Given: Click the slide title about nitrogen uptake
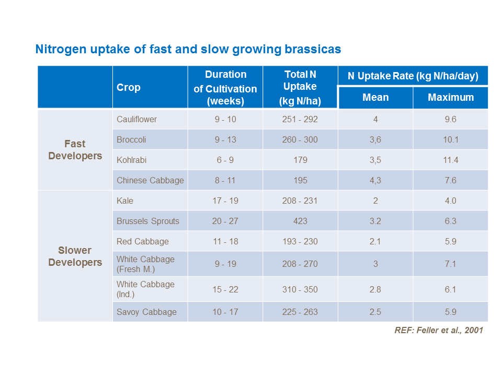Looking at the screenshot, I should (x=188, y=50).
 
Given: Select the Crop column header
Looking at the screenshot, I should (x=129, y=88).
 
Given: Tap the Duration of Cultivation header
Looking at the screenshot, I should (x=225, y=88).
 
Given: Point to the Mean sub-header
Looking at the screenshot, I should (x=375, y=98).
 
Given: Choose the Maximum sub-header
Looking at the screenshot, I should (x=450, y=98).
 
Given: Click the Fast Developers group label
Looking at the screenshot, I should (x=75, y=150).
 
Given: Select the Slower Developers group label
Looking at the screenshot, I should (x=75, y=256).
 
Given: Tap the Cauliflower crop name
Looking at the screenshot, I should (x=137, y=120).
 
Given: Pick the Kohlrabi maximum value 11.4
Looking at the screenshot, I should (x=450, y=160).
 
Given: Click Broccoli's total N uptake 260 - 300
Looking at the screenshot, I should (x=300, y=140).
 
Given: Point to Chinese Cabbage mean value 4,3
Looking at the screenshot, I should (x=375, y=181).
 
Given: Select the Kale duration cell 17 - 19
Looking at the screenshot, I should (x=225, y=201).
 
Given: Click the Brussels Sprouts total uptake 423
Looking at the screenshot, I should (x=300, y=221).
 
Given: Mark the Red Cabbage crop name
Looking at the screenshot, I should (x=143, y=242).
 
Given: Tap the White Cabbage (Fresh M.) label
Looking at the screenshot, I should (x=145, y=264).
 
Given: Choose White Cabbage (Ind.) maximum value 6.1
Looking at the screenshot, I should (x=450, y=289).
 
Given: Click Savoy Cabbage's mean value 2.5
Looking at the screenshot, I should (x=375, y=312).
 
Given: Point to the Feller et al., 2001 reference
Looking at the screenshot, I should (x=439, y=331).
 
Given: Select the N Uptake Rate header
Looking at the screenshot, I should (x=413, y=76).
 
